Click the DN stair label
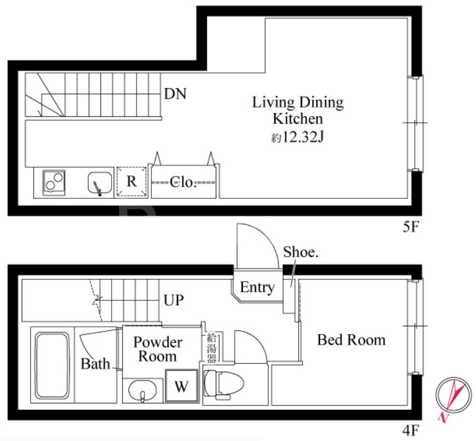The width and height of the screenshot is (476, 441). [175, 94]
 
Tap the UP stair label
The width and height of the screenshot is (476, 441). [173, 300]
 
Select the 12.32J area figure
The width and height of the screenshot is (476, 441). [303, 137]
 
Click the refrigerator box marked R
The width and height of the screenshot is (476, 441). [132, 181]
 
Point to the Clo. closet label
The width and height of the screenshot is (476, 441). [183, 182]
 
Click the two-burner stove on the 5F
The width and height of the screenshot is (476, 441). [54, 183]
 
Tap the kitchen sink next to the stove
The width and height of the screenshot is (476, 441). [99, 183]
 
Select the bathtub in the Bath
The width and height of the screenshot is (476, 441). [52, 366]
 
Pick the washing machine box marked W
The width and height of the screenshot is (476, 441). [181, 386]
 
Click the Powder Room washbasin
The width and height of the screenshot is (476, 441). [142, 391]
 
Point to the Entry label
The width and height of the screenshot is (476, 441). [258, 287]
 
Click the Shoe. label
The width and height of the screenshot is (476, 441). [301, 252]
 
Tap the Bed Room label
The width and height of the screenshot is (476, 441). [351, 340]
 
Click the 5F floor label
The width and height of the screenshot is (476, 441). [411, 227]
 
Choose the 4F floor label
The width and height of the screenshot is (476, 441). [411, 430]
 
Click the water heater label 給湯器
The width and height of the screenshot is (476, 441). [212, 348]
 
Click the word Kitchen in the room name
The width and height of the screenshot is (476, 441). [298, 118]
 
